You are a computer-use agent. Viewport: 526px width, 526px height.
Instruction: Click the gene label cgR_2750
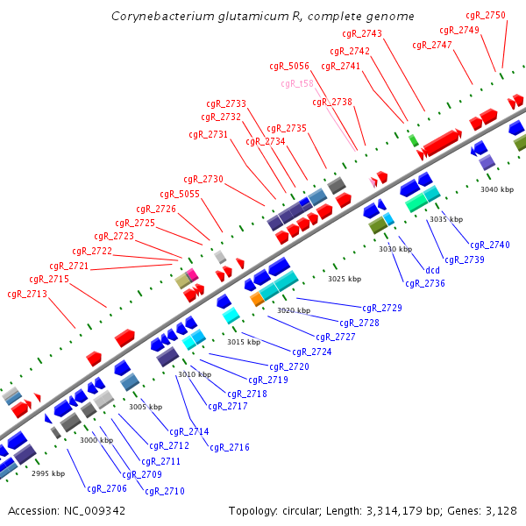coord(485,15)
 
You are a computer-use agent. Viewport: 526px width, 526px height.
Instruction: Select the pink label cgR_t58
coord(297,83)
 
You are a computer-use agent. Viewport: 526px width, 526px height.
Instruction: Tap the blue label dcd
coord(432,270)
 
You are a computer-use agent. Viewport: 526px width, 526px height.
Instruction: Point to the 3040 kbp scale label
coord(497,189)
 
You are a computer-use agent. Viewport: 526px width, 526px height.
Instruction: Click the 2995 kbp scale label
coord(48,473)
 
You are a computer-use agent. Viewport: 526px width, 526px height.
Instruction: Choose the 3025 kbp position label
coord(345,279)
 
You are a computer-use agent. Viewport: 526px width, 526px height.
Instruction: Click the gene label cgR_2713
coord(27,294)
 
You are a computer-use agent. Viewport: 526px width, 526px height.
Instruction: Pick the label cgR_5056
coord(289,66)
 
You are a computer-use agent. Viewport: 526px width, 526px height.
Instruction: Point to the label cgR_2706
coord(107,488)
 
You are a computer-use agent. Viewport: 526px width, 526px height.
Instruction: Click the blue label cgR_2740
coord(489,245)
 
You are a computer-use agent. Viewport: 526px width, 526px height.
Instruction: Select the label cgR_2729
coord(382,308)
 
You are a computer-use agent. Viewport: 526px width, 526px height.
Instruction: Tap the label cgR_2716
coord(230,447)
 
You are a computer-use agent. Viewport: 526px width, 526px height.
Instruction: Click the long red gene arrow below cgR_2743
coord(442,140)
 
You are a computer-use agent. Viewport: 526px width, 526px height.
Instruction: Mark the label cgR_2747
coord(432,45)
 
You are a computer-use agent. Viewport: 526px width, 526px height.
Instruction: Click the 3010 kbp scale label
coord(195,374)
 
